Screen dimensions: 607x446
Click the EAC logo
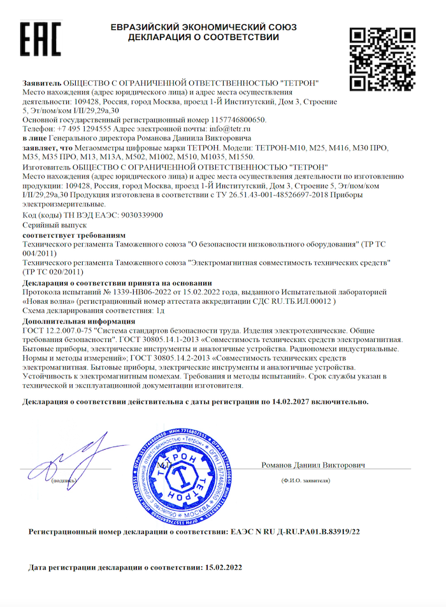40,39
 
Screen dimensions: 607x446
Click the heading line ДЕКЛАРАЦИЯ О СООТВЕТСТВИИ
203,38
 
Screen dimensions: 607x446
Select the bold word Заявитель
41,83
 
